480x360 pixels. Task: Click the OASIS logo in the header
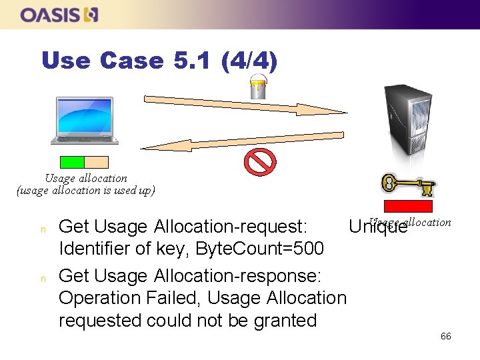pyautogui.click(x=59, y=15)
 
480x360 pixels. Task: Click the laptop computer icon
pyautogui.click(x=85, y=121)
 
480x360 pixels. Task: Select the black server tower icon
pyautogui.click(x=405, y=120)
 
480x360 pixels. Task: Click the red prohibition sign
pyautogui.click(x=257, y=162)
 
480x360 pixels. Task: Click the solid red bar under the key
pyautogui.click(x=407, y=206)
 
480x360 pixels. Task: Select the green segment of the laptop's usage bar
pyautogui.click(x=72, y=161)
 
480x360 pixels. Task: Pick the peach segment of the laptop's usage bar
pyautogui.click(x=96, y=161)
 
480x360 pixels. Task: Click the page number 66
pyautogui.click(x=445, y=336)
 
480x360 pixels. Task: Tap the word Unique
pyautogui.click(x=377, y=227)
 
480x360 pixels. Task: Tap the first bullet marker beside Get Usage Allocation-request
pyautogui.click(x=43, y=229)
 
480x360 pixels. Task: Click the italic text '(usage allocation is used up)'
pyautogui.click(x=85, y=191)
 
